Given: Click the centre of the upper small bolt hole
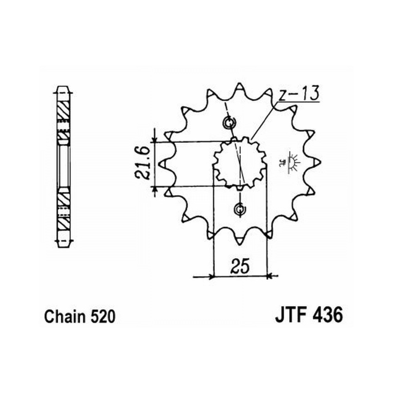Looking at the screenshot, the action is [229, 123].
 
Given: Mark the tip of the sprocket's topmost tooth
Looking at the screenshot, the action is [240, 83].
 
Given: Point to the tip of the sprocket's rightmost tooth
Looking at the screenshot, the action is [321, 162].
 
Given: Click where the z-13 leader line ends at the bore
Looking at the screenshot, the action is [252, 140].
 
